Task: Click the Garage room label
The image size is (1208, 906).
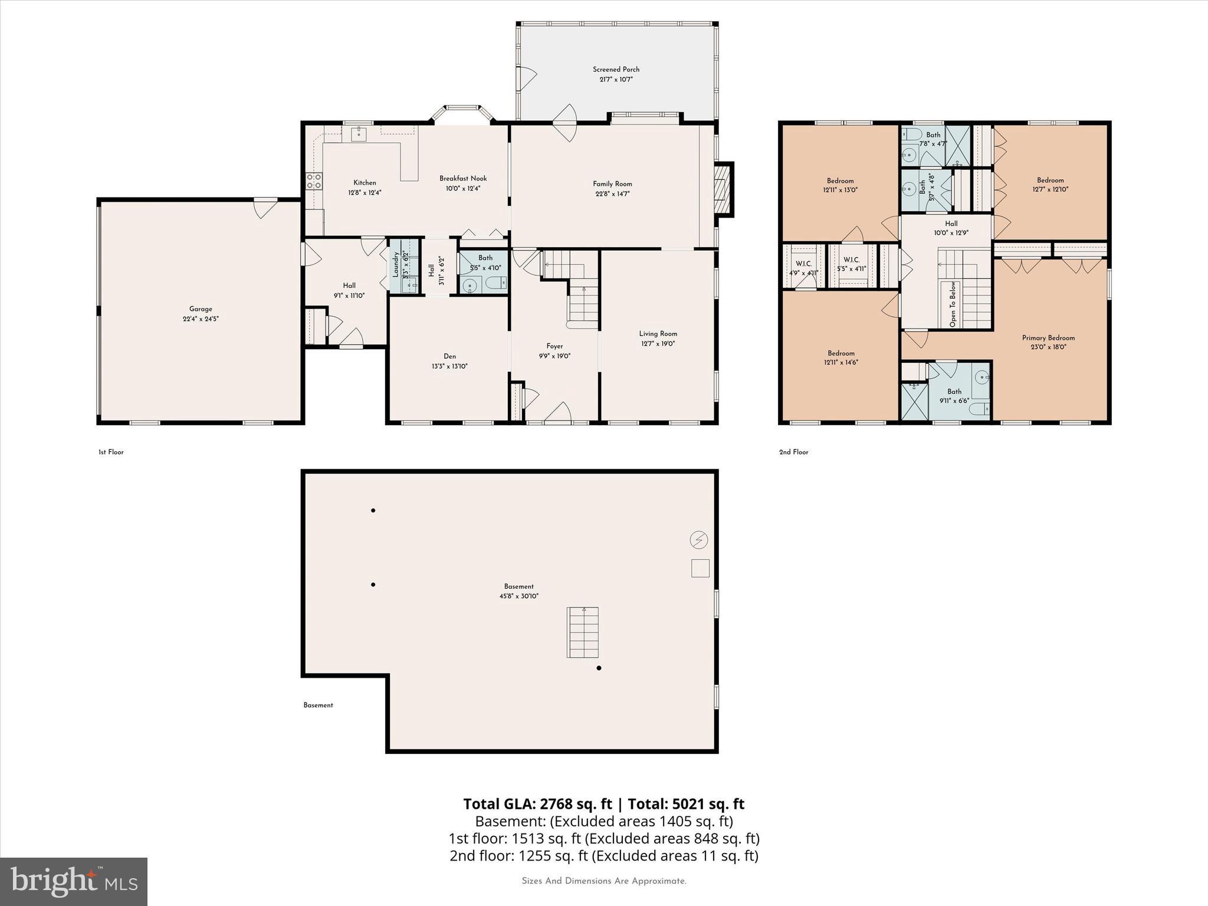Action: click(201, 308)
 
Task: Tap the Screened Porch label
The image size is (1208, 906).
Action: click(616, 70)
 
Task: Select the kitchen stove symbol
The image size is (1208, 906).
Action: click(314, 180)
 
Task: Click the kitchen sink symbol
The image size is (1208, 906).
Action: click(359, 134)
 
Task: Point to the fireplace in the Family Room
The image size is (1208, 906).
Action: click(723, 189)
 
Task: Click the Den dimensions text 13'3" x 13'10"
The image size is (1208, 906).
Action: click(449, 366)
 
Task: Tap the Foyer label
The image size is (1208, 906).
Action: click(554, 346)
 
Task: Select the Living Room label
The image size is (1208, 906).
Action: click(658, 333)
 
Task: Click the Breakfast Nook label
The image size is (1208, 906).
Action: click(463, 178)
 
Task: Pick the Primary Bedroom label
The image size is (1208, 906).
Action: click(1048, 338)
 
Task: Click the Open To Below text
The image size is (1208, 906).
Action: click(953, 304)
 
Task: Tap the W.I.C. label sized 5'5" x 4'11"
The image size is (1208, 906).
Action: click(851, 260)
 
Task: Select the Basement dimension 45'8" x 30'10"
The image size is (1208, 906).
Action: click(518, 596)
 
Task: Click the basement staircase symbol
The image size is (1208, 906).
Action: click(583, 632)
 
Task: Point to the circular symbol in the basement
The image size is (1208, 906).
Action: click(699, 540)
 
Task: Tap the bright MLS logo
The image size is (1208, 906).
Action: click(74, 881)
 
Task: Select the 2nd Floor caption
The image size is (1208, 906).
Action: click(793, 452)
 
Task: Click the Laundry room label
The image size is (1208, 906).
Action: click(396, 264)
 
